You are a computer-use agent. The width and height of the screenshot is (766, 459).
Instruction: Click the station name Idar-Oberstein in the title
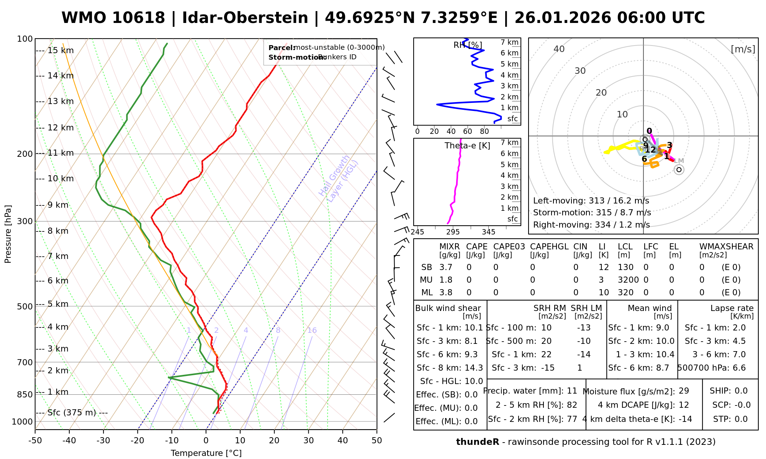[x=245, y=18]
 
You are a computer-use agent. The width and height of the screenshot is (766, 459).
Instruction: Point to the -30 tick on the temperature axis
[x=103, y=441]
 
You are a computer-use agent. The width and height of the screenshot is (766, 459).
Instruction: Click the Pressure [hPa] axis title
[x=8, y=234]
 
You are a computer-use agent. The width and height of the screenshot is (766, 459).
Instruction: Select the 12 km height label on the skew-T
[x=61, y=128]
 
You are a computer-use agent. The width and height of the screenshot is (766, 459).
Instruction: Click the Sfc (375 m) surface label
[x=72, y=413]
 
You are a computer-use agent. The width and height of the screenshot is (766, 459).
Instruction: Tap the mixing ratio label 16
[x=312, y=330]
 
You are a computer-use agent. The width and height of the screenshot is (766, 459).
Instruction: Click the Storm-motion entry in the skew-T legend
[x=312, y=57]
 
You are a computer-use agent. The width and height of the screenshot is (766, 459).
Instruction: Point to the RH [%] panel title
[x=468, y=45]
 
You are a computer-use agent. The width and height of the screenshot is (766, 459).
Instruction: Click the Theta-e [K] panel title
[x=467, y=146]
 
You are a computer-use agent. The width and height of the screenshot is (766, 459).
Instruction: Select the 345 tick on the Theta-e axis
[x=488, y=232]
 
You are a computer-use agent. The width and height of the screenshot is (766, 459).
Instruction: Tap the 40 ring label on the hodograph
[x=559, y=49]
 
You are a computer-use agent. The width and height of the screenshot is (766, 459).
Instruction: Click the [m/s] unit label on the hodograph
[x=743, y=49]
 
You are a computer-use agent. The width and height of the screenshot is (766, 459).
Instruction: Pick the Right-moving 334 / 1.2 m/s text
[x=591, y=225]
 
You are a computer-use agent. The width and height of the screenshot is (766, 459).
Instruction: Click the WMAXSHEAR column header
[x=726, y=247]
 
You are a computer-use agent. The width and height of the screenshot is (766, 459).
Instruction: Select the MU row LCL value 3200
[x=628, y=280]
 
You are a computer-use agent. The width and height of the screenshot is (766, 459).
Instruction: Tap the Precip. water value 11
[x=572, y=391]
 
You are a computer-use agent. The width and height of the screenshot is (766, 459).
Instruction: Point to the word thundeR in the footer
[x=477, y=442]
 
